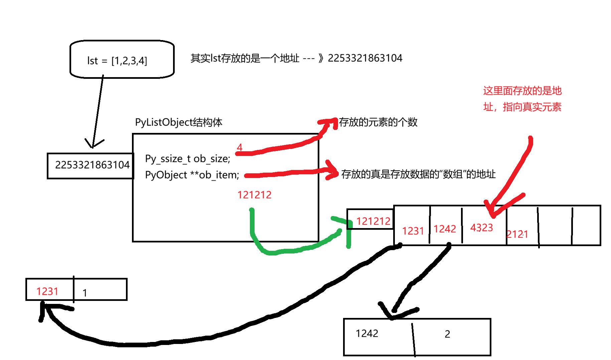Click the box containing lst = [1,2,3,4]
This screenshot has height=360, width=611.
click(x=122, y=59)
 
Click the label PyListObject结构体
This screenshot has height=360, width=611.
click(x=178, y=122)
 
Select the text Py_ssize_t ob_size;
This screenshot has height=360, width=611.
click(x=187, y=159)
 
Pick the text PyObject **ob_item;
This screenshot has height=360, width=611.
click(x=192, y=175)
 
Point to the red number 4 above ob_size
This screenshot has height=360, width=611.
click(x=240, y=147)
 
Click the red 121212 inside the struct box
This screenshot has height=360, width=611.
click(x=254, y=195)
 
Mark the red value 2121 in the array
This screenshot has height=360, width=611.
click(x=517, y=234)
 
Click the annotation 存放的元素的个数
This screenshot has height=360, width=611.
click(x=378, y=122)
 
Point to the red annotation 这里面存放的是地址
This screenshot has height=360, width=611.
click(x=522, y=99)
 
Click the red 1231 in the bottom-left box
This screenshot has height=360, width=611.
click(x=47, y=292)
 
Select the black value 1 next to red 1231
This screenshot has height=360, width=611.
click(x=85, y=293)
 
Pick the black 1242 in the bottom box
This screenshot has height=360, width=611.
click(x=367, y=333)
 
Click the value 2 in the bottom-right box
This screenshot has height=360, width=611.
click(x=447, y=334)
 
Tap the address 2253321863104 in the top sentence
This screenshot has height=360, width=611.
click(x=365, y=58)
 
